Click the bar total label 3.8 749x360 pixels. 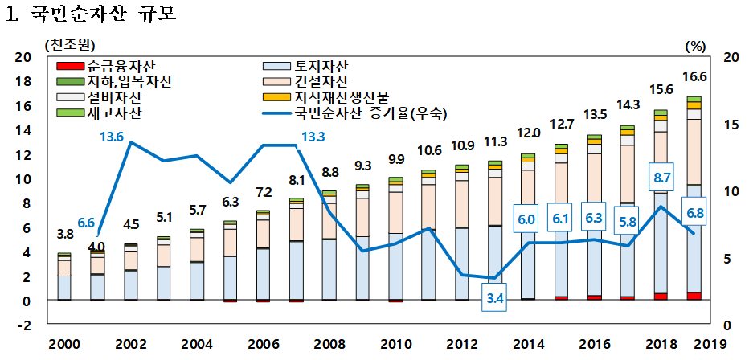(x=66, y=235)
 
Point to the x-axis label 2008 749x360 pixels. (x=328, y=343)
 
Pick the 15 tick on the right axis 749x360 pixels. (x=731, y=125)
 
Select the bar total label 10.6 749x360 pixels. (x=430, y=150)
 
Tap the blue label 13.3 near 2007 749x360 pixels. (x=313, y=136)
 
